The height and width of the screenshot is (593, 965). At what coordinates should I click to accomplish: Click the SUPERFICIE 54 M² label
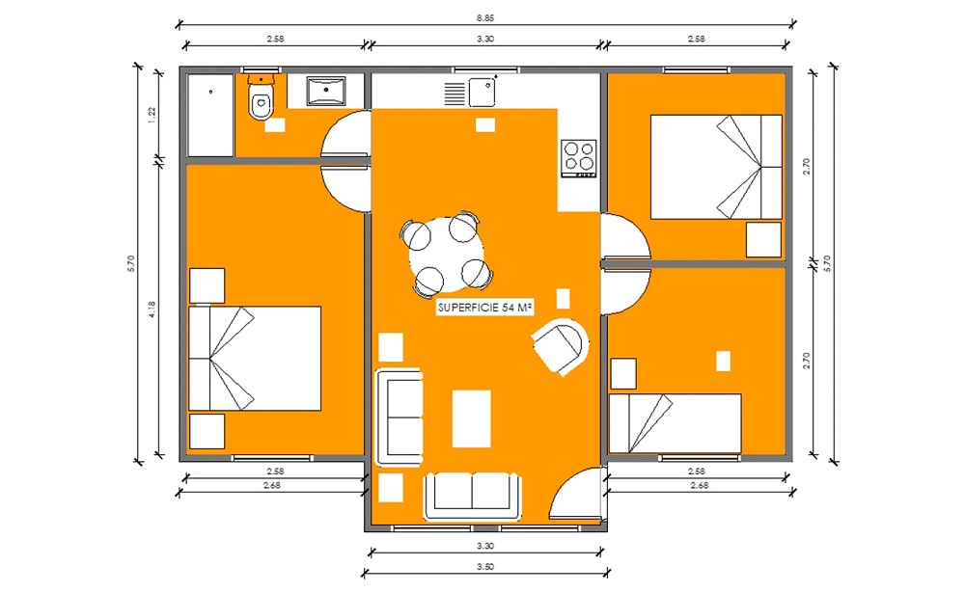tap(485, 308)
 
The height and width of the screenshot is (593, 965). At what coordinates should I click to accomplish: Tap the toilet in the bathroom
tap(261, 97)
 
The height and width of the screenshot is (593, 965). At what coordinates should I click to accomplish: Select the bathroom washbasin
tap(325, 91)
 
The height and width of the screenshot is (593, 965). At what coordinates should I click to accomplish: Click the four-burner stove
tap(578, 159)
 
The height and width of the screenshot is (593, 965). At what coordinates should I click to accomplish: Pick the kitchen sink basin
tap(482, 93)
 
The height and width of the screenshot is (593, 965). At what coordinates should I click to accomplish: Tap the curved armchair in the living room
tap(560, 346)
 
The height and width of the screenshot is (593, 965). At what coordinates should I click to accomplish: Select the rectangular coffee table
tap(472, 418)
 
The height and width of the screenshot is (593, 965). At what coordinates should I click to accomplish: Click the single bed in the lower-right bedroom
tap(675, 424)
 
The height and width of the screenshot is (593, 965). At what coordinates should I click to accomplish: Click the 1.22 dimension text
tap(152, 115)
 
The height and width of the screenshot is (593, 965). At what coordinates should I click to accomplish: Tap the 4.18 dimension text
tap(152, 309)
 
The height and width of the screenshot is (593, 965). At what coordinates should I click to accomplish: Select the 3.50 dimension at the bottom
tap(485, 567)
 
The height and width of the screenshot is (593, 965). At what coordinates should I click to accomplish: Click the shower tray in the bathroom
tap(210, 116)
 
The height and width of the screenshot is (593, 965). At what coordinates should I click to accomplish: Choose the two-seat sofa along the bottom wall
tap(472, 496)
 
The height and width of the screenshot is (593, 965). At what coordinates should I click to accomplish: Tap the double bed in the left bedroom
tap(255, 359)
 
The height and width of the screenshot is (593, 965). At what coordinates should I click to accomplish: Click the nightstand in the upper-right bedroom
tap(763, 240)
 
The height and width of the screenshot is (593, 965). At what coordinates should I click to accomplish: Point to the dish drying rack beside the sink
tap(455, 93)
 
